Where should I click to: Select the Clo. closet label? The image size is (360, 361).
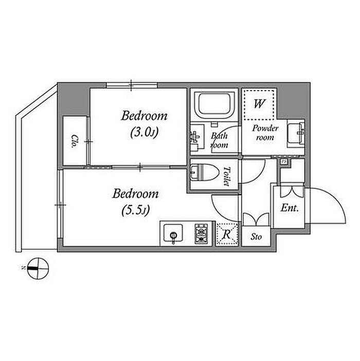(75, 141)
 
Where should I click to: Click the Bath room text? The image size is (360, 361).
(220, 141)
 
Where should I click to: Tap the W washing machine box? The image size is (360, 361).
(260, 104)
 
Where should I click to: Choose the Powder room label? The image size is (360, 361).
(265, 133)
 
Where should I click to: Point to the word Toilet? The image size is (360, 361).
(226, 176)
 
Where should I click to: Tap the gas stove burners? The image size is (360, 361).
(201, 234)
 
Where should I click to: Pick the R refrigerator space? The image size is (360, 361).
(226, 234)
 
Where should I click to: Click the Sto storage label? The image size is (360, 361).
(257, 238)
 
